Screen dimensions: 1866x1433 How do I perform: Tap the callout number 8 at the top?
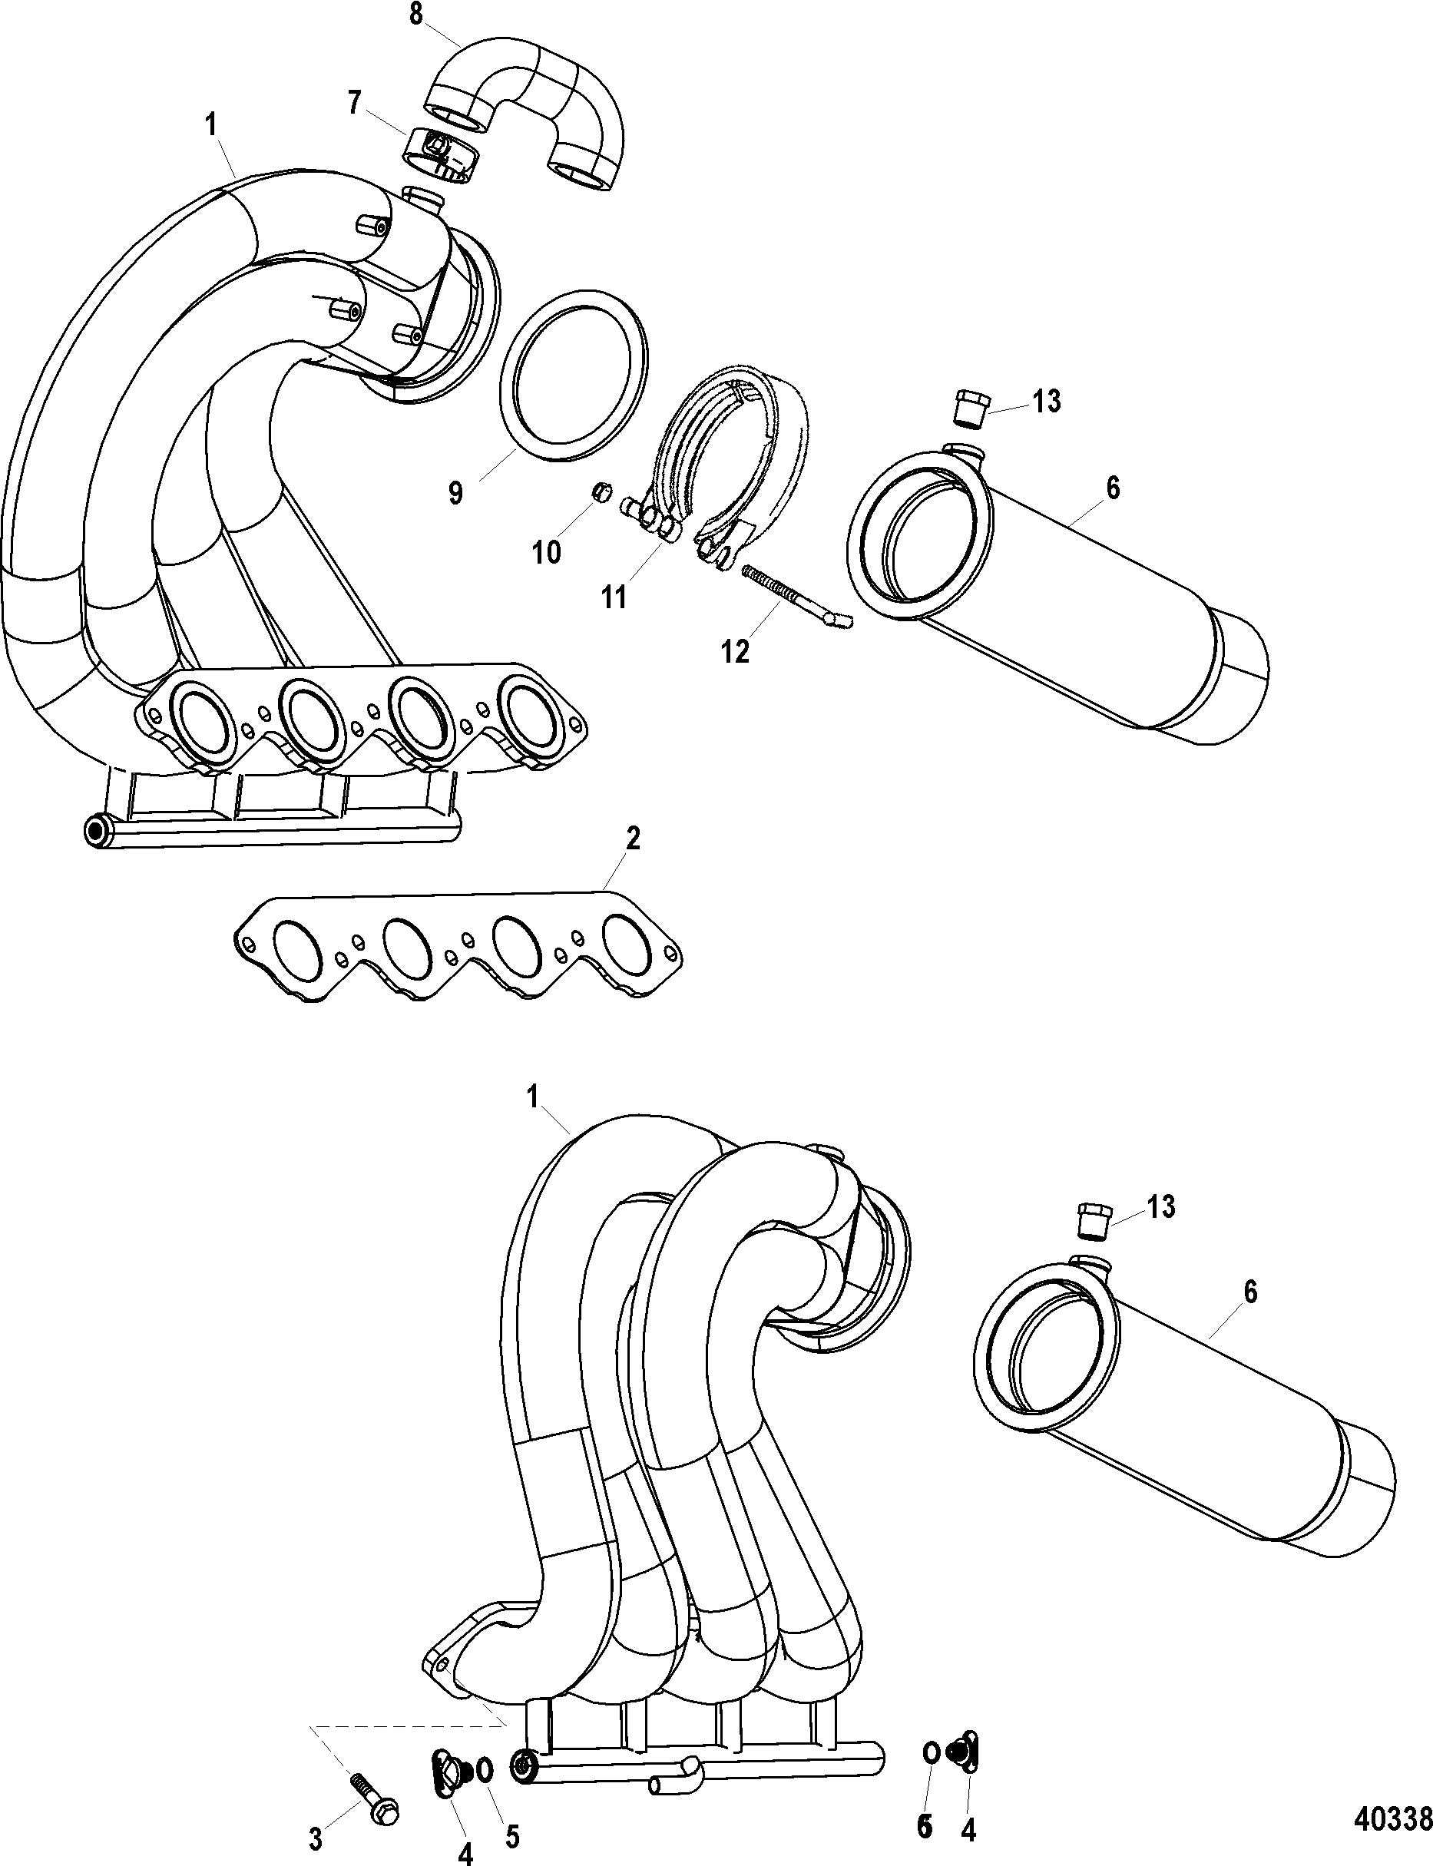point(416,15)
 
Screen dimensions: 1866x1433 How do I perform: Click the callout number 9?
point(456,493)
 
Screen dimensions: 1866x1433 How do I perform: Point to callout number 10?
point(547,552)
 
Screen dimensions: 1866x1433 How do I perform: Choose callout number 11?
point(614,597)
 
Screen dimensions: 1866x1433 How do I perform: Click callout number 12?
point(734,652)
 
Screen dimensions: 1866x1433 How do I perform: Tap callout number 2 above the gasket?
point(632,839)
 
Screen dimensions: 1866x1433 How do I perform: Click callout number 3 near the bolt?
point(316,1841)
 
